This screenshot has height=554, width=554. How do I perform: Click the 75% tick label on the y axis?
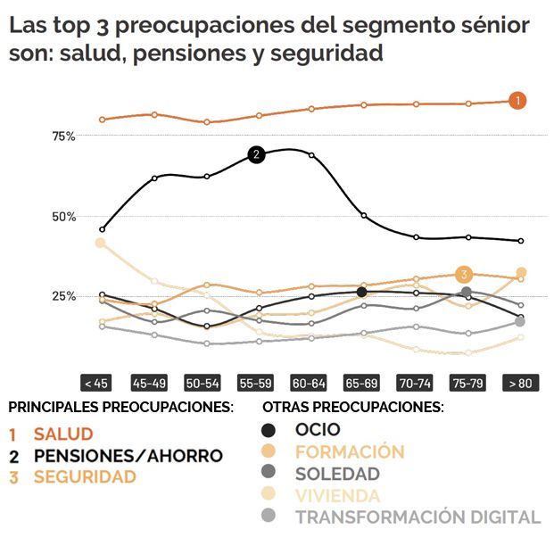[62, 136]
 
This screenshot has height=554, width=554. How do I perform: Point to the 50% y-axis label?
[62, 216]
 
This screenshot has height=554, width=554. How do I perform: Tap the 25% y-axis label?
[62, 296]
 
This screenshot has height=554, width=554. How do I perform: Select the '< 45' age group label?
[95, 384]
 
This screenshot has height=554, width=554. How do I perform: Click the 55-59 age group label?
[255, 384]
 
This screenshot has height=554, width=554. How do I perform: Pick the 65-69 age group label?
[361, 384]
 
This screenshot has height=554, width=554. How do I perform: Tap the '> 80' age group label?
[520, 384]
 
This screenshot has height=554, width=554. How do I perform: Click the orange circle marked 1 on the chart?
[518, 101]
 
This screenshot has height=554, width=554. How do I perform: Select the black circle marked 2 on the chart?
[256, 154]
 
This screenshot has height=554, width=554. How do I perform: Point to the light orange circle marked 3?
[463, 274]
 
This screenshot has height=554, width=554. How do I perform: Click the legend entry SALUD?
[62, 434]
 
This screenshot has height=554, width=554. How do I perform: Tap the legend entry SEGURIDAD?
[85, 477]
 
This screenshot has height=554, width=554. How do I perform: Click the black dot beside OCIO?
[269, 431]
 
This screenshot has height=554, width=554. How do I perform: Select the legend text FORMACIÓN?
[350, 452]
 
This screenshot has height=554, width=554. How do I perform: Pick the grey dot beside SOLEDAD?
[269, 474]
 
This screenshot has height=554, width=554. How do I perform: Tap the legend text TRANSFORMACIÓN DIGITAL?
[418, 517]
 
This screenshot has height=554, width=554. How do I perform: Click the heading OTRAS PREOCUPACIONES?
[353, 407]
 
